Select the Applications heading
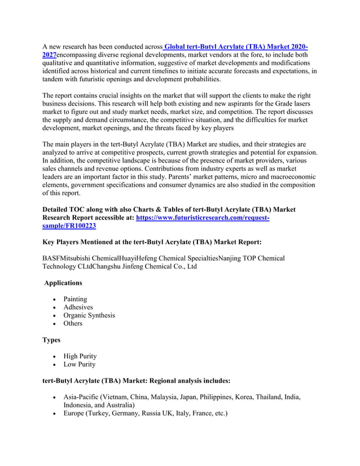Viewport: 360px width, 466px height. [63, 283]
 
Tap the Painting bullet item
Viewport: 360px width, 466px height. [75, 299]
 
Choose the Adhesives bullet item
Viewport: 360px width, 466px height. [78, 307]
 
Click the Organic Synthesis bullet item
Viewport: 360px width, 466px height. [89, 315]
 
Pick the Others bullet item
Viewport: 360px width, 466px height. [73, 323]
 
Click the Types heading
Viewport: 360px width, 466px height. [54, 340]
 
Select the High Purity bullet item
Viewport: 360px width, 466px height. [80, 356]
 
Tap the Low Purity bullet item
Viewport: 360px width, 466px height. [79, 364]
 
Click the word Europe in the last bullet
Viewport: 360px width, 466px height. [75, 414]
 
